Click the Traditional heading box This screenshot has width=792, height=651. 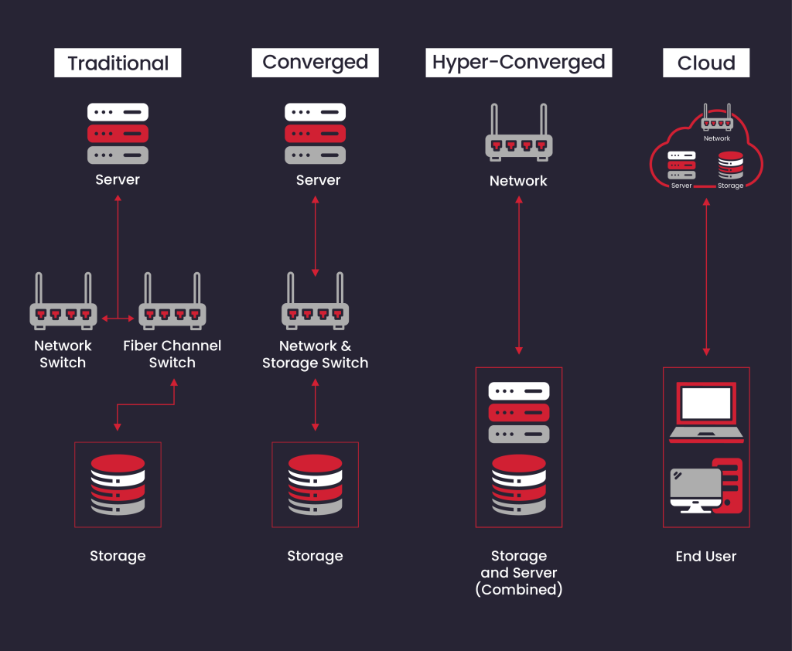(x=118, y=63)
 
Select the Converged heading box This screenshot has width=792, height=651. (x=315, y=63)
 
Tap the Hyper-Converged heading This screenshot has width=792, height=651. (x=518, y=63)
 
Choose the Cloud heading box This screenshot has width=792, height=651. (x=705, y=63)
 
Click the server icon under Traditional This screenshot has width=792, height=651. (x=118, y=133)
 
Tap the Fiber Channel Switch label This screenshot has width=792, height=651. (x=172, y=354)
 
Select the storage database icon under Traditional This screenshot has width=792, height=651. (x=118, y=485)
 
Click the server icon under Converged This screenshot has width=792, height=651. (x=315, y=133)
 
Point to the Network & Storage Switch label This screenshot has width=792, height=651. (x=315, y=354)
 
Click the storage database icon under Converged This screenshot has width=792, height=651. (x=315, y=485)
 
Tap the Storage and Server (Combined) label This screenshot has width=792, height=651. (x=518, y=573)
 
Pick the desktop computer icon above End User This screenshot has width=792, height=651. (x=705, y=486)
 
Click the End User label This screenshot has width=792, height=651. (x=705, y=556)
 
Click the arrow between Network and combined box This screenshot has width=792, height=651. (x=518, y=275)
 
